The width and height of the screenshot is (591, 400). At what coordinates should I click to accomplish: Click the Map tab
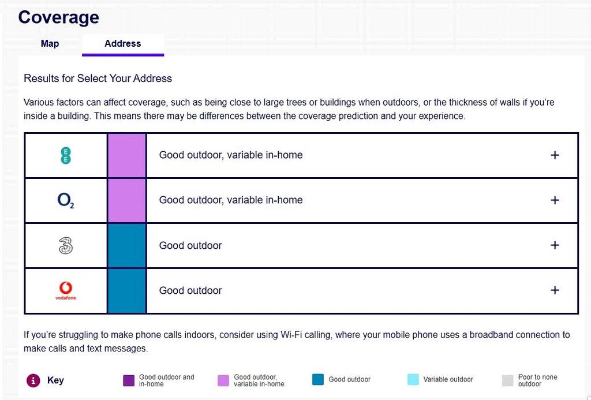pos(50,44)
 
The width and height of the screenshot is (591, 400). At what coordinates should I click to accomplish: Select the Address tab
pos(123,44)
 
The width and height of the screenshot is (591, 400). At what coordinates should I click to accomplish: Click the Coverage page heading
pos(59,17)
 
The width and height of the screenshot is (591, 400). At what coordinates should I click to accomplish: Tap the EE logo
pos(66,155)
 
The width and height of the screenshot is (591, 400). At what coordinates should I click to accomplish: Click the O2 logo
pos(66,200)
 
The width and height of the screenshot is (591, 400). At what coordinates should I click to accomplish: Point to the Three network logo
pos(66,245)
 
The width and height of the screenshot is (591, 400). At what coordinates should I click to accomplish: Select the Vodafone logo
pos(66,291)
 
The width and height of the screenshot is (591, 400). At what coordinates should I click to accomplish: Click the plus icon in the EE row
pos(555,155)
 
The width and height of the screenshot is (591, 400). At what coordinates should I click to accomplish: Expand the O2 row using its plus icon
pos(555,200)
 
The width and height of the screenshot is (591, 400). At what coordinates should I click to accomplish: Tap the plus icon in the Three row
pos(555,245)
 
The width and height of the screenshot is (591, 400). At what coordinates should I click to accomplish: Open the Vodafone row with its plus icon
pos(555,290)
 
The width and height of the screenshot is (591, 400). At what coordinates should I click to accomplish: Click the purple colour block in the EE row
pos(126,155)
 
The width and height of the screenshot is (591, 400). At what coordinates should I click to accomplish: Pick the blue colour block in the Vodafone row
pos(126,291)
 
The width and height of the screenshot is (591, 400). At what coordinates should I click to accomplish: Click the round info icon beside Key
pos(33,380)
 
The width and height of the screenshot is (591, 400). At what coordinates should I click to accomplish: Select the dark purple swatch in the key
pos(129,380)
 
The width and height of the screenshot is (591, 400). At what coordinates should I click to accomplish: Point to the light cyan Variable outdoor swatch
pos(413,380)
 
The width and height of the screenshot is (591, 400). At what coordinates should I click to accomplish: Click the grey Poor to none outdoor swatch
pos(508,380)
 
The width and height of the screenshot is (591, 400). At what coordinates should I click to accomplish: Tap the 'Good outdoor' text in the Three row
pos(190,245)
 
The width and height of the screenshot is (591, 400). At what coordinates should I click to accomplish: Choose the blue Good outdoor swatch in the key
pos(318,380)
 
